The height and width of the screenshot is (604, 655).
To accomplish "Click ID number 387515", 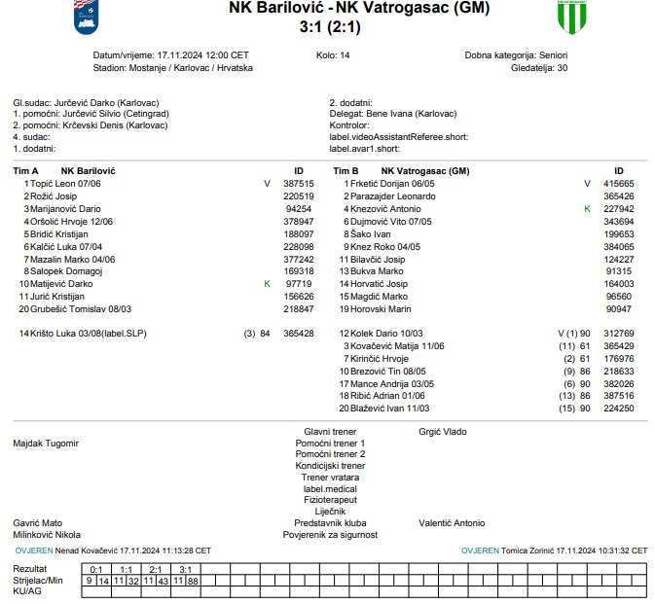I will coord(298,183).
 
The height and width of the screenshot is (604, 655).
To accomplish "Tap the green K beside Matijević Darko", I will coord(267,284).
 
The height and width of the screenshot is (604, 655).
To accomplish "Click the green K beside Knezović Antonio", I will coord(587,208).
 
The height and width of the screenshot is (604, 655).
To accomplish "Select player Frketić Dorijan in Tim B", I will coord(394,183).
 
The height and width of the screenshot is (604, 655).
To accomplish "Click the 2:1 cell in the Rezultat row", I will coord(156,569).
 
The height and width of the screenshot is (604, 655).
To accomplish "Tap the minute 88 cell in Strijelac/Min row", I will coord(193,581).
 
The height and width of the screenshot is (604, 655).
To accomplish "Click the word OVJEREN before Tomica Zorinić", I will coord(480,551).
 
